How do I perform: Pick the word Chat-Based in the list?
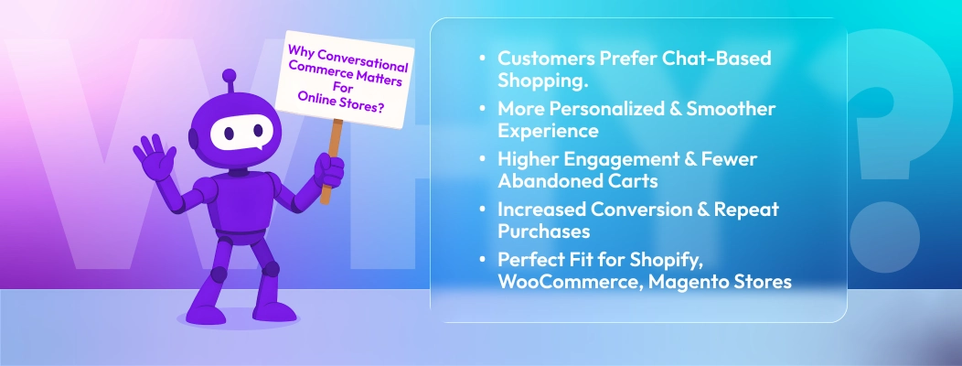pyautogui.click(x=723, y=59)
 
